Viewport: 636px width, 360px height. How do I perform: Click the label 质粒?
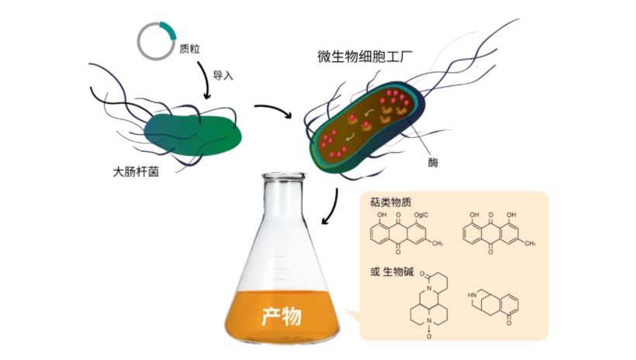(x=190, y=50)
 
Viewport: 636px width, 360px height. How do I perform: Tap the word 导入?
(x=224, y=75)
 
